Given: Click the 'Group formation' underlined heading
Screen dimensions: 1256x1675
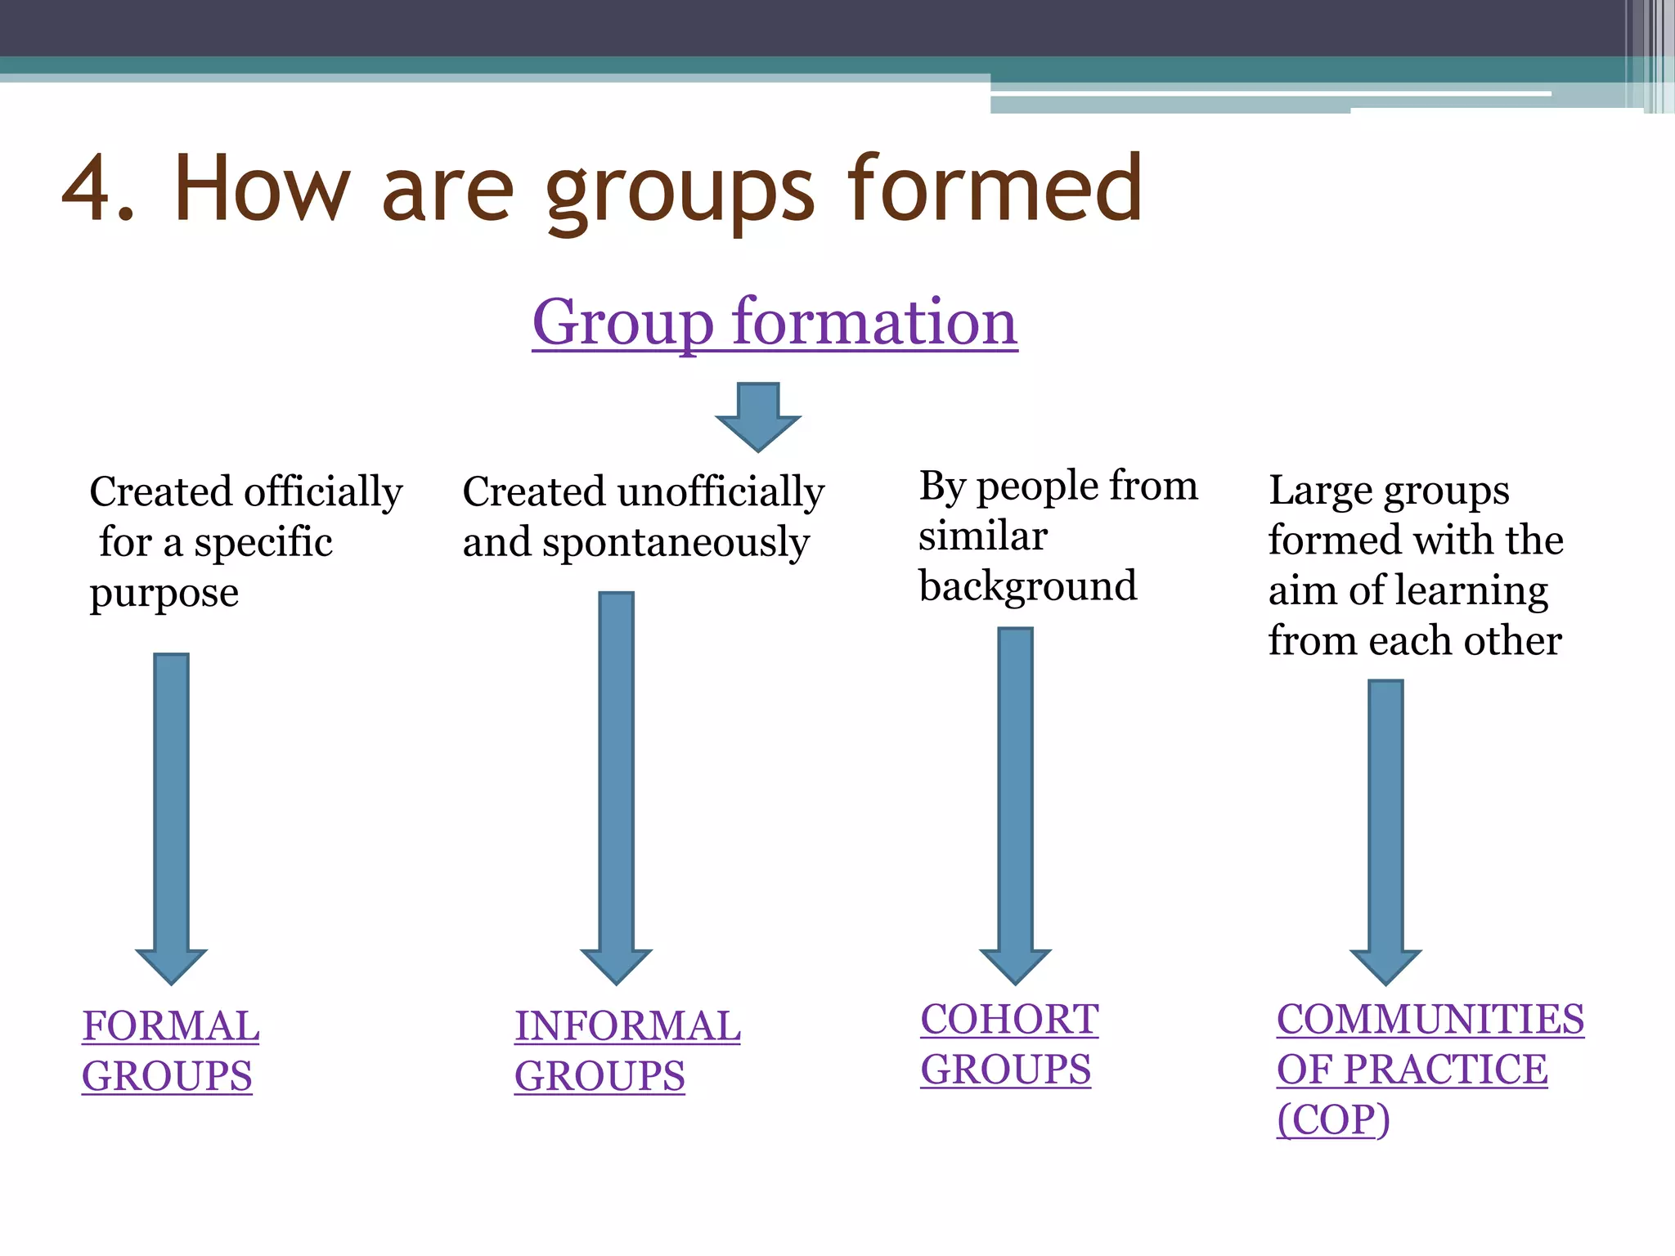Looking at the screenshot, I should tap(775, 322).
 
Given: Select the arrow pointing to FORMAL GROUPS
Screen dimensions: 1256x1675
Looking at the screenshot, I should tap(172, 818).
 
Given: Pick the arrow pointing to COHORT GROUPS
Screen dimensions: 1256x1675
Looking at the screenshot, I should tap(1015, 805).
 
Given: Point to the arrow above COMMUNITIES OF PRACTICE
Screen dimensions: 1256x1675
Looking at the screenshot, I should tap(1385, 831).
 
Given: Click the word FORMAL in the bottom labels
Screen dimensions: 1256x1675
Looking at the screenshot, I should tap(171, 1025).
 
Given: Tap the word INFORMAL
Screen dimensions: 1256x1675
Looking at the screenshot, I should tap(627, 1025).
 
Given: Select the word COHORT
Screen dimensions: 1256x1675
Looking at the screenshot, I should tap(1009, 1019).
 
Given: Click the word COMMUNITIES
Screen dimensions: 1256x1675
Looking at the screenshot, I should tap(1430, 1019).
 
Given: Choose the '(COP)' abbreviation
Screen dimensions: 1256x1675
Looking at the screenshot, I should tap(1333, 1119).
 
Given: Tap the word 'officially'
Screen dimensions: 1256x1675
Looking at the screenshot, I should tap(323, 492).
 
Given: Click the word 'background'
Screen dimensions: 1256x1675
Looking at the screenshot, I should tap(1028, 586).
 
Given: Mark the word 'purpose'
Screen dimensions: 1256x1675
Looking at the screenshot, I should tap(164, 594).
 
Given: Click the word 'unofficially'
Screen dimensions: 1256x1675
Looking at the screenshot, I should tap(721, 492).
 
